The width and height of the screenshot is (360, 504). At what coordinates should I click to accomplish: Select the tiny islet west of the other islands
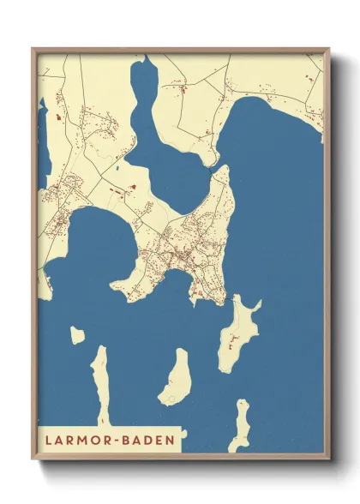(x=77, y=335)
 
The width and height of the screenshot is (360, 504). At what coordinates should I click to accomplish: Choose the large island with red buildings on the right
(x=237, y=334)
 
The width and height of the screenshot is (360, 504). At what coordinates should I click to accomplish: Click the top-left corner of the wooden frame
(x=33, y=49)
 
